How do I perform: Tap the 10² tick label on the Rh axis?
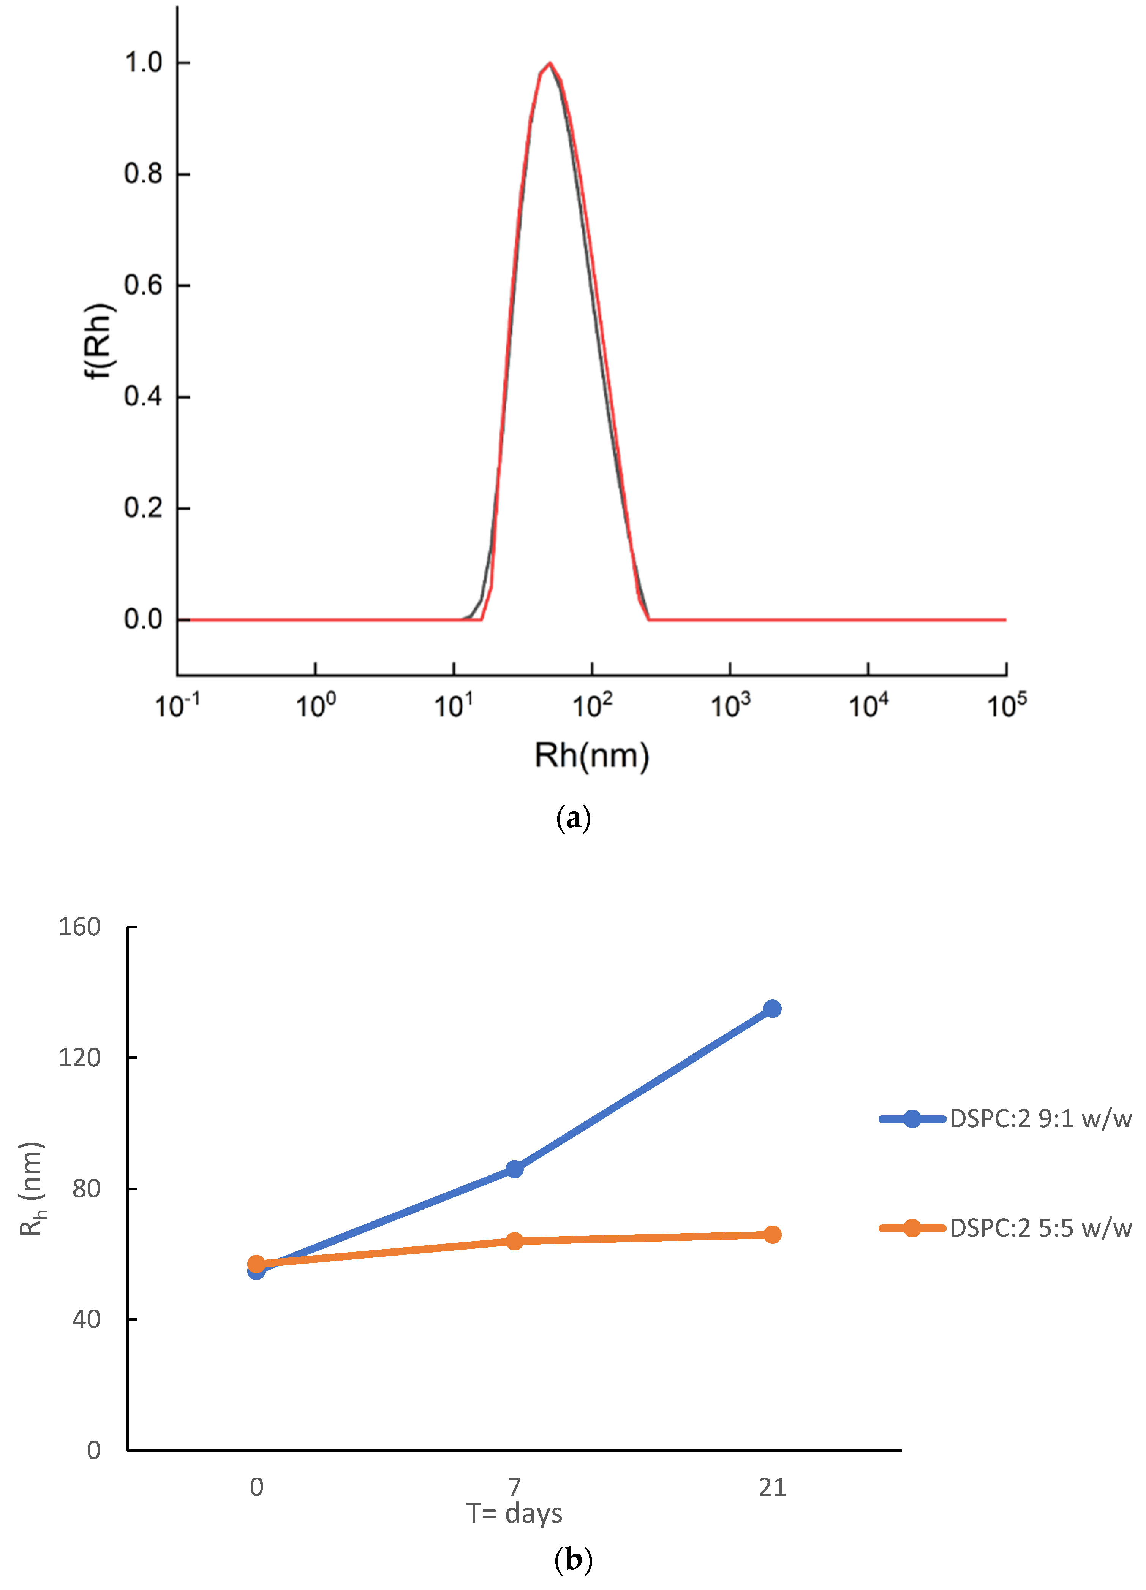(592, 705)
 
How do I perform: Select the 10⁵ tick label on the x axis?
(1007, 705)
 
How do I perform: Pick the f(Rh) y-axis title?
(98, 341)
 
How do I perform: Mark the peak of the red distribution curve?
(550, 63)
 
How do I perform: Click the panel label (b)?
(573, 1560)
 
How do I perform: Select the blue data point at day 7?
(514, 1169)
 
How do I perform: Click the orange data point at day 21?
(772, 1235)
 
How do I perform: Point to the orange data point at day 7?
(514, 1241)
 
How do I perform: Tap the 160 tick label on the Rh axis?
(79, 927)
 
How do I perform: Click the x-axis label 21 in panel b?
(772, 1487)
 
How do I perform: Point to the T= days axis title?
(514, 1513)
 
